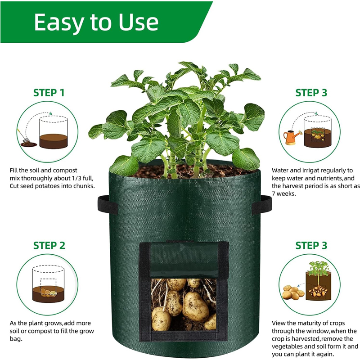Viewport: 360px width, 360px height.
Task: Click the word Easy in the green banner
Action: click(61, 22)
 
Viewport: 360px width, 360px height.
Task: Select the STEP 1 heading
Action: click(49, 93)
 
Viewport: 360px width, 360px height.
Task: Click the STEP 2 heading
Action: click(49, 246)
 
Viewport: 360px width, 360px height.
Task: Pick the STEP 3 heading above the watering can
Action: click(311, 93)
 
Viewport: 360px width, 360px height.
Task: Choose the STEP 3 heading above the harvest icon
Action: click(311, 246)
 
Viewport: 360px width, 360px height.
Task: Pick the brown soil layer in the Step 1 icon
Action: click(54, 141)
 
